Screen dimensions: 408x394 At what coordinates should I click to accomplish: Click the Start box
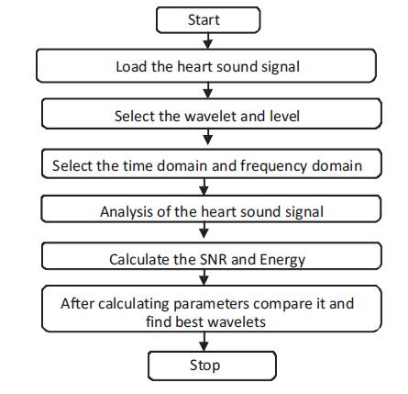pyautogui.click(x=208, y=20)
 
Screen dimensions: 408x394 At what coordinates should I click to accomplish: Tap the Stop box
pyautogui.click(x=212, y=366)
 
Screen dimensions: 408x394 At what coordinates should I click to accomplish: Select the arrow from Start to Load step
pyautogui.click(x=208, y=40)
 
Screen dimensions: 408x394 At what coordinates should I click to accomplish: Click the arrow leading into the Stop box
pyautogui.click(x=204, y=342)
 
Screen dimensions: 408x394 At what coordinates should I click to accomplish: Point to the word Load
pyautogui.click(x=130, y=67)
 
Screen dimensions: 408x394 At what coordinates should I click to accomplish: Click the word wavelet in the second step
pyautogui.click(x=211, y=116)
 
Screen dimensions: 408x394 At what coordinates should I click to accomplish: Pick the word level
pyautogui.click(x=284, y=116)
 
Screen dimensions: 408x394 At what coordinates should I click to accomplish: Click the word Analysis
pyautogui.click(x=127, y=212)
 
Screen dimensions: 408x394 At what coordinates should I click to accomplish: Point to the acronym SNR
pyautogui.click(x=214, y=260)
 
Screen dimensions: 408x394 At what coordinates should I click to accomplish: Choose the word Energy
pyautogui.click(x=282, y=260)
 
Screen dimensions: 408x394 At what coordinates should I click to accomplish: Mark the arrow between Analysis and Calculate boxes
pyautogui.click(x=204, y=231)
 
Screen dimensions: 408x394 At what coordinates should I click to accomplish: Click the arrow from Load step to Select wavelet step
pyautogui.click(x=208, y=90)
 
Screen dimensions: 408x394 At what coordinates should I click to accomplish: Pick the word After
pyautogui.click(x=78, y=304)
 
